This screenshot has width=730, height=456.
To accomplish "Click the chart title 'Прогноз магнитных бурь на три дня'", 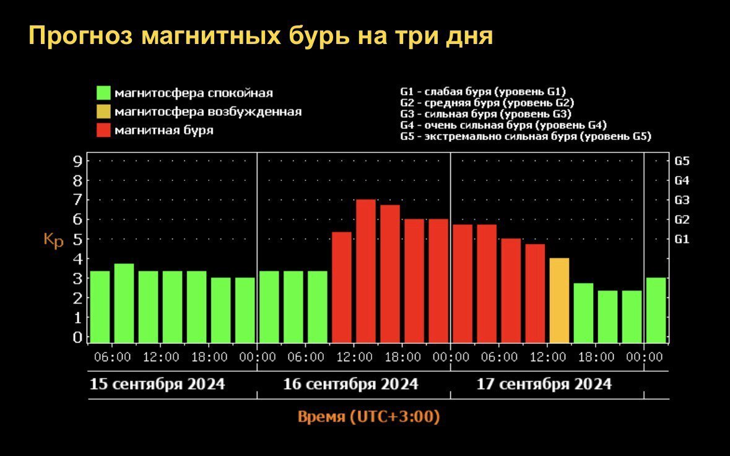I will [260, 37].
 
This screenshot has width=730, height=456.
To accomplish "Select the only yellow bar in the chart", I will [559, 300].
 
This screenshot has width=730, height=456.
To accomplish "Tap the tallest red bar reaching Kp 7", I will [366, 271].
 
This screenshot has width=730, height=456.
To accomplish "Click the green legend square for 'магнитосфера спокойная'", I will [103, 93].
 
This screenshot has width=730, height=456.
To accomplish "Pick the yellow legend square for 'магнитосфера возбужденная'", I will [103, 112].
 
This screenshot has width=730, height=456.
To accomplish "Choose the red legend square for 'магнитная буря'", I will [103, 130].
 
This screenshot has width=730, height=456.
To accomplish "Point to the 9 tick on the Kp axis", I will [78, 162].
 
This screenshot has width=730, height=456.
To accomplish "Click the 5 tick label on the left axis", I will [78, 239].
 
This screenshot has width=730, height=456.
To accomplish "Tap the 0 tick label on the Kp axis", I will [78, 338].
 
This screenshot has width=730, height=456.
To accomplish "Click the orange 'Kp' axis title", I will [53, 240].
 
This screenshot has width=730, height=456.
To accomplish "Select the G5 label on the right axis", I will [682, 161].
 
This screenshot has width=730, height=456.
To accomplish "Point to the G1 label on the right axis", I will [682, 239].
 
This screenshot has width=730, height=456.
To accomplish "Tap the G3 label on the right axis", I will [682, 200].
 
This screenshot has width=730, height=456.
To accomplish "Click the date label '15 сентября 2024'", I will [157, 384].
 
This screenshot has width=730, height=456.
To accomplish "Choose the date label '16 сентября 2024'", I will [350, 384].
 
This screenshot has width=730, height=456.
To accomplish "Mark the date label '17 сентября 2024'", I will [544, 384].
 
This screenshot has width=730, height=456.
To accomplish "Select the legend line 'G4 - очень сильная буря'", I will [503, 125].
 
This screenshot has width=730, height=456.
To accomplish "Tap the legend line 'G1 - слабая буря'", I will [483, 91].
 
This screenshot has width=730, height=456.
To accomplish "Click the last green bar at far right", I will [656, 310].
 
